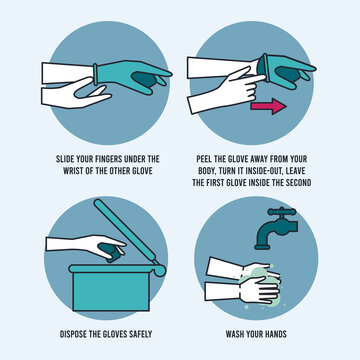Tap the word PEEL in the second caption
pyautogui.click(x=207, y=158)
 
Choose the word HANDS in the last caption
pyautogui.click(x=293, y=334)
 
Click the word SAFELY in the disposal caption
pyautogui.click(x=147, y=334)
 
